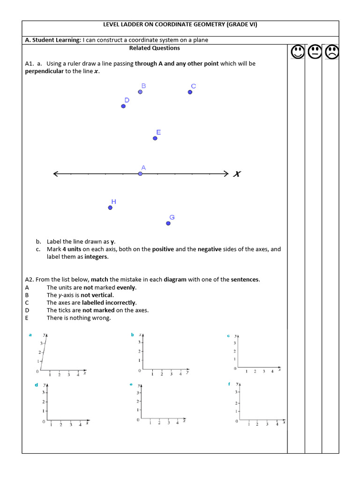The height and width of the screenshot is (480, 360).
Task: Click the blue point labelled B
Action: pyautogui.click(x=140, y=92)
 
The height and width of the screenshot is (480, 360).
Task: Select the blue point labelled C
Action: pyautogui.click(x=190, y=92)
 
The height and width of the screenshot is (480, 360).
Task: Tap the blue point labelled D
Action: pyautogui.click(x=123, y=106)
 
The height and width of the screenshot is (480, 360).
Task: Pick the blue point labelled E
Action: pyautogui.click(x=155, y=138)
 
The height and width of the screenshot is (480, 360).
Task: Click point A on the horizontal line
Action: pyautogui.click(x=140, y=174)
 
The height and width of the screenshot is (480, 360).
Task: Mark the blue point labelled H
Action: pyautogui.click(x=110, y=208)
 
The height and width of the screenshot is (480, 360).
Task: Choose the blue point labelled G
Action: pyautogui.click(x=168, y=224)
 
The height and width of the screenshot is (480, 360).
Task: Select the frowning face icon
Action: pyautogui.click(x=331, y=52)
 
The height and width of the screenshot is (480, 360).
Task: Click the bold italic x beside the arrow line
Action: pyautogui.click(x=237, y=174)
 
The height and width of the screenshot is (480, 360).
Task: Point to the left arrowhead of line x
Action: pyautogui.click(x=56, y=174)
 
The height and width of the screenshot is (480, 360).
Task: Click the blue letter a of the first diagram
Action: pyautogui.click(x=30, y=335)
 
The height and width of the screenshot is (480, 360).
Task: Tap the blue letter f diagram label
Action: pyautogui.click(x=229, y=383)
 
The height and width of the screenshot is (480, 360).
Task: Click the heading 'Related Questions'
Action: pyautogui.click(x=154, y=48)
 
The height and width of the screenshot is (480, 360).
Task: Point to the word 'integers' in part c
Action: pyautogui.click(x=96, y=257)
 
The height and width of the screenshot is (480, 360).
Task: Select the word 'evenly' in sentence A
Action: pyautogui.click(x=126, y=287)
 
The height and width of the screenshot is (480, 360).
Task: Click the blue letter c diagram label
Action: pyautogui.click(x=228, y=336)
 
